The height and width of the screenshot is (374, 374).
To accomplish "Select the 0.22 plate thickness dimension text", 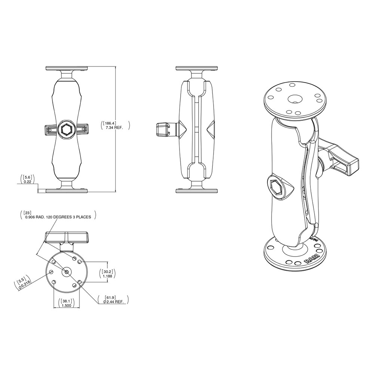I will pyautogui.click(x=27, y=182).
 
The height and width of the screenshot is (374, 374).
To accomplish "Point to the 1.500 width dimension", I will pyautogui.click(x=67, y=306).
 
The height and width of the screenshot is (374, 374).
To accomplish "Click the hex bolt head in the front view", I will pyautogui.click(x=67, y=129).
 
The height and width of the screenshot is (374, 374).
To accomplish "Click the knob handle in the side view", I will pyautogui.click(x=162, y=129).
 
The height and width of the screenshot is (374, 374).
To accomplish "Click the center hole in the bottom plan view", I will pyautogui.click(x=67, y=272).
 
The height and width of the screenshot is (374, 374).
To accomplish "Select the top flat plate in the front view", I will pyautogui.click(x=67, y=68).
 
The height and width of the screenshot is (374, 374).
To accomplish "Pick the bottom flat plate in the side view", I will pyautogui.click(x=196, y=191).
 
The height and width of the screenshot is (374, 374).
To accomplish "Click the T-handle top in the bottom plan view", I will pyautogui.click(x=67, y=237).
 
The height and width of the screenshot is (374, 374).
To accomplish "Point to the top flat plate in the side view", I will pyautogui.click(x=196, y=68).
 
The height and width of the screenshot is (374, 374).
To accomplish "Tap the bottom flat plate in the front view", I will pyautogui.click(x=67, y=191).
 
